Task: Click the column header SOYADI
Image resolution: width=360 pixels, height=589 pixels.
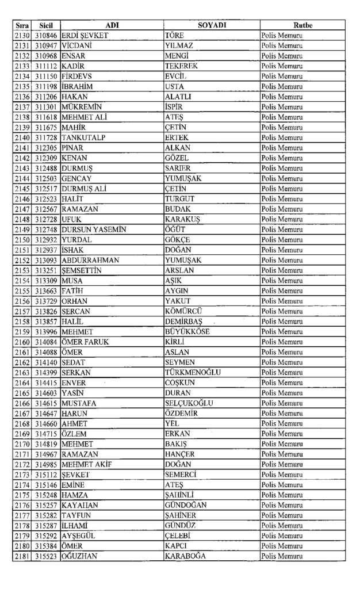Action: coord(212,25)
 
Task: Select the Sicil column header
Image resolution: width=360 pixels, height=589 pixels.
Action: coord(46,25)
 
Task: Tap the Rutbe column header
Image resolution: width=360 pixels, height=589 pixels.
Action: coord(302,25)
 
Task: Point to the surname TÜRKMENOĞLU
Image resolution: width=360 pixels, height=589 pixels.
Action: coord(193,372)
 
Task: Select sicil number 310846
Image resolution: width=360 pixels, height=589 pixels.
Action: coord(46,36)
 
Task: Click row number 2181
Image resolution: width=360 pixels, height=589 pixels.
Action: coord(22,556)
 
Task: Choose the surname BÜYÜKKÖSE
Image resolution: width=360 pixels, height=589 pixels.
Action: coord(187,331)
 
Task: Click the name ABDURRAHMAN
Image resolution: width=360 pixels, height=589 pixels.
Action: coord(90,260)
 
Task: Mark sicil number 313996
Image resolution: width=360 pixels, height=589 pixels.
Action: coord(46,331)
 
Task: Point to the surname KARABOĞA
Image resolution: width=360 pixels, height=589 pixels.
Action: coord(185,556)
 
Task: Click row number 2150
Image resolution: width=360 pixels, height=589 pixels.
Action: coord(22,240)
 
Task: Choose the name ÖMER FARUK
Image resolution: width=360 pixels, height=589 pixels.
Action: coord(85,342)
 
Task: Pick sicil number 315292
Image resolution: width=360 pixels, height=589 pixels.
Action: coord(46,536)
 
